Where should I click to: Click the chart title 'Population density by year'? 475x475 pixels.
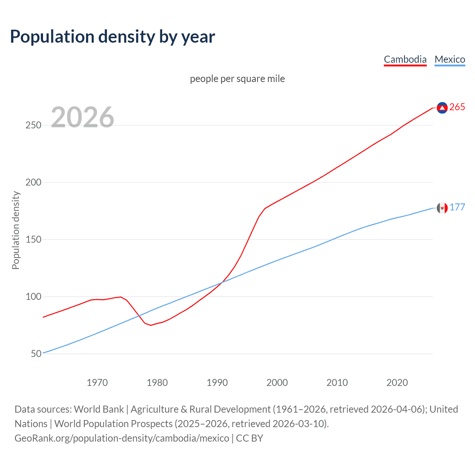[112, 37]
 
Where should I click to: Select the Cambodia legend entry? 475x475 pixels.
[405, 59]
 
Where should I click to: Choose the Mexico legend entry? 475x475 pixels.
[450, 59]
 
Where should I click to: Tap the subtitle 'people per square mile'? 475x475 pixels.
[237, 79]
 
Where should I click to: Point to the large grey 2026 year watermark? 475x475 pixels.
[82, 117]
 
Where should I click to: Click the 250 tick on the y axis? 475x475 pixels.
[33, 125]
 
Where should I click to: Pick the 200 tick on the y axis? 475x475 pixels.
[33, 183]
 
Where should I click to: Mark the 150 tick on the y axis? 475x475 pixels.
[33, 240]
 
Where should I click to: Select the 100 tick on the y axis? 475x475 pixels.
[33, 297]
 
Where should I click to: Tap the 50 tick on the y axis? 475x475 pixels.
[36, 354]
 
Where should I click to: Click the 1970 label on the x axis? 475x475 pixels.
[97, 383]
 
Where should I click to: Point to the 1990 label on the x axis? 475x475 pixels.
[217, 383]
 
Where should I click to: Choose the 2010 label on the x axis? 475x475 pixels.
[337, 383]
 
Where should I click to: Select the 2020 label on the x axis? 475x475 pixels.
[397, 383]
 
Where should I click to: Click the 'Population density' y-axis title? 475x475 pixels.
[16, 230]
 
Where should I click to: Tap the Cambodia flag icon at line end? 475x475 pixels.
[442, 108]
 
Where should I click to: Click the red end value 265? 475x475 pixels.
[457, 107]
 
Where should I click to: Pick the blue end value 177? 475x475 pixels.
[457, 207]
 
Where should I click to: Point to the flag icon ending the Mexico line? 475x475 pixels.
[442, 208]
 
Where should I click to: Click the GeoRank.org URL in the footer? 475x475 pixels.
[122, 438]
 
